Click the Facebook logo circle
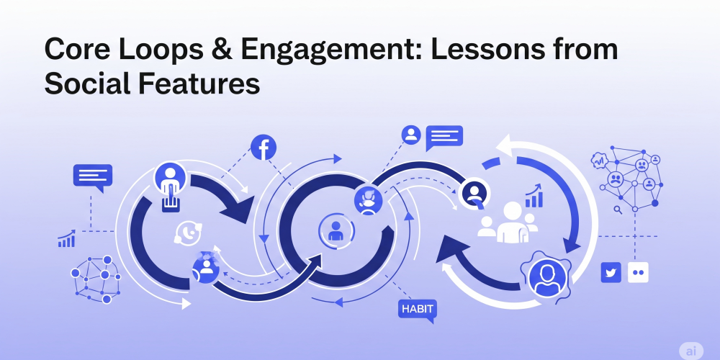point(264,148)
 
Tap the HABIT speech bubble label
point(417,310)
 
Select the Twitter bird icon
point(611,272)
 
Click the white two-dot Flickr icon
point(638,272)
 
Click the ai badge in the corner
point(690,349)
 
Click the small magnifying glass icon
point(617,210)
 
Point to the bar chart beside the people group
point(534,196)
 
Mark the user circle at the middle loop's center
point(335,231)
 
